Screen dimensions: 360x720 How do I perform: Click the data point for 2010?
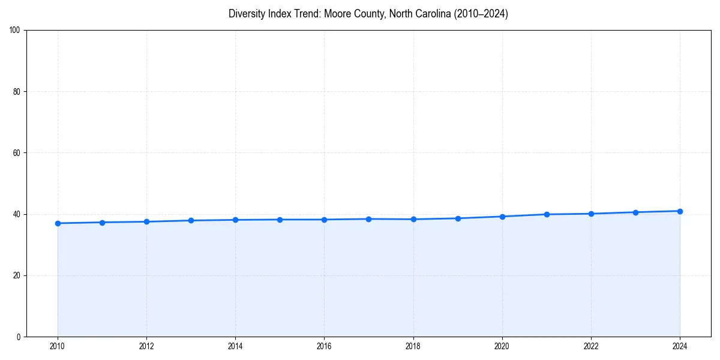point(58,223)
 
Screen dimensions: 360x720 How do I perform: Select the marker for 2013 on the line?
point(191,220)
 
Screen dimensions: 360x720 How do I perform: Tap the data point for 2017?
point(368,219)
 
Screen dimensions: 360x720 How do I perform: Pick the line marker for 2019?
point(458,218)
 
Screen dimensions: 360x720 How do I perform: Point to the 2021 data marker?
point(547,214)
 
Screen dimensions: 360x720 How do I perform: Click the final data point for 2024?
point(680,211)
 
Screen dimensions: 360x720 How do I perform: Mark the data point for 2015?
point(280,220)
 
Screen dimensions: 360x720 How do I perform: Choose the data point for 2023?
point(635,212)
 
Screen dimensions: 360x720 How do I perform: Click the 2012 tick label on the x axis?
point(146,346)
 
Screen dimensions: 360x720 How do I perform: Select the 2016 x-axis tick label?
point(324,346)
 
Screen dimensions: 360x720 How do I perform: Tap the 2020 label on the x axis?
point(502,346)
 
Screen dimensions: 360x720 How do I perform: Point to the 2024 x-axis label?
point(680,346)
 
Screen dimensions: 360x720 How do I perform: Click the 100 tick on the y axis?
point(16,31)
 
